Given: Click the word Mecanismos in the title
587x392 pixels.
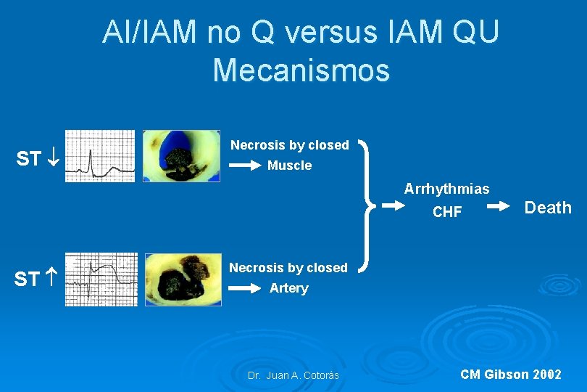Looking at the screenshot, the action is [301, 71].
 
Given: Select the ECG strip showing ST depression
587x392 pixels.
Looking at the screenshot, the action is [100, 155].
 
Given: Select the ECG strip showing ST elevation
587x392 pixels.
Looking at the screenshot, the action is [101, 279].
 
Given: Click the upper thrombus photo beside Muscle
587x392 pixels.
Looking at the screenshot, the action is [181, 155].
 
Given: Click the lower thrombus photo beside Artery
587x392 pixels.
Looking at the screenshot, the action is [184, 279].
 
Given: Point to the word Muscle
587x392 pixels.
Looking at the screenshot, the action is [289, 166].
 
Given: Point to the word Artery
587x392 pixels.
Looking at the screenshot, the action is [288, 288].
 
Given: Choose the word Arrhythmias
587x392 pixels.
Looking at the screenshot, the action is [446, 189].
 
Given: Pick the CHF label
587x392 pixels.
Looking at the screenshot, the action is [446, 212].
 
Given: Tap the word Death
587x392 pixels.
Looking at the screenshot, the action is [548, 208].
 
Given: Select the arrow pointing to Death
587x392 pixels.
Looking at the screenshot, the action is [501, 208].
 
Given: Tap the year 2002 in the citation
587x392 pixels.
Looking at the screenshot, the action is [546, 375].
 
